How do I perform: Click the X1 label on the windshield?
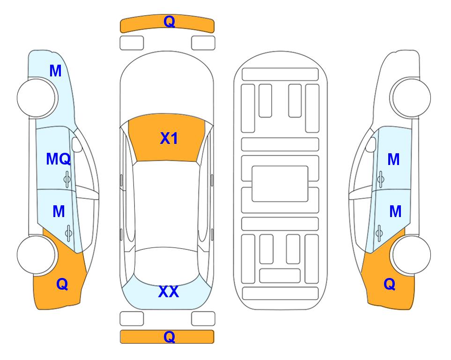[x=169, y=138]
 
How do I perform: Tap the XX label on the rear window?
[x=169, y=292]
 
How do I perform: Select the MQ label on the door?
[x=59, y=159]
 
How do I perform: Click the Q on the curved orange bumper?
[x=169, y=22]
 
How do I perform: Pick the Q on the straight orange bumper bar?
[x=169, y=337]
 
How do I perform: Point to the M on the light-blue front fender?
[x=56, y=71]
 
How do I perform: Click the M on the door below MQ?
[x=59, y=211]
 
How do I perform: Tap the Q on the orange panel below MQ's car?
[x=62, y=284]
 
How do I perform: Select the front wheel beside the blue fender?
[x=37, y=98]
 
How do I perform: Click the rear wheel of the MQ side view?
[x=37, y=255]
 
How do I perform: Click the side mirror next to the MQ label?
[x=77, y=145]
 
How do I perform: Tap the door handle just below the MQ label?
[x=67, y=179]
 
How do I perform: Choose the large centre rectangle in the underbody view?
[x=280, y=184]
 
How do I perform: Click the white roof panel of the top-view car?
[x=167, y=204]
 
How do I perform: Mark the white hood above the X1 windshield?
[x=167, y=86]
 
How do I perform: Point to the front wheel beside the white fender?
[x=411, y=98]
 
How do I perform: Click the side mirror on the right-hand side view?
[x=371, y=145]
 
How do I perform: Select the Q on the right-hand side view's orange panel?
[x=390, y=284]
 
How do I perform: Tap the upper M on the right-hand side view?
[x=393, y=159]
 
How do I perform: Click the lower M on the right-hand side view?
[x=395, y=211]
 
